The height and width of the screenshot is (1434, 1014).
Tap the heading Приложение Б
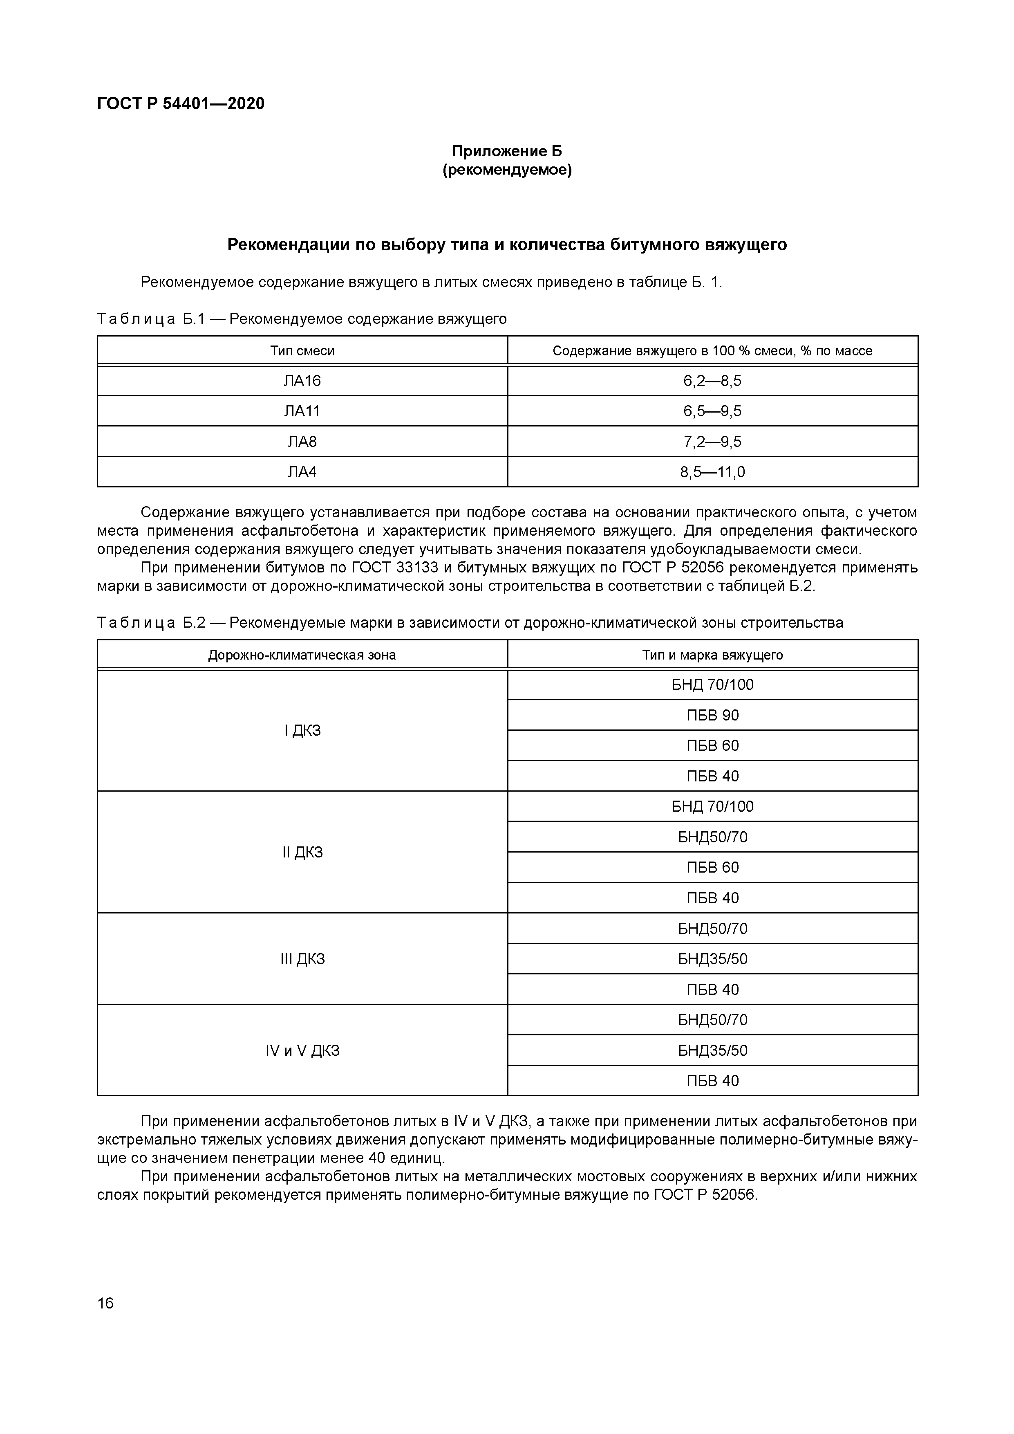(506, 151)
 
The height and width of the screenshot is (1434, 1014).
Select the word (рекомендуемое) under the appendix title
(506, 170)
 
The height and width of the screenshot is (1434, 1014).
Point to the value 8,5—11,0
(712, 472)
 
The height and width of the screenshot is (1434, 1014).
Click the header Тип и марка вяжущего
(712, 655)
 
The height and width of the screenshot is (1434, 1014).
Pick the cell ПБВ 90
(712, 716)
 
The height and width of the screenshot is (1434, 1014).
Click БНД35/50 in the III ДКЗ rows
(712, 959)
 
